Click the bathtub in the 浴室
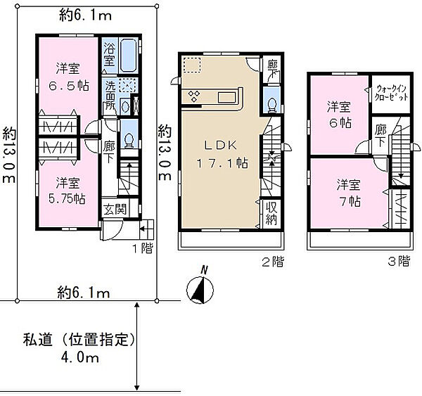pyautogui.click(x=128, y=56)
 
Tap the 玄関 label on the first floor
pyautogui.click(x=115, y=209)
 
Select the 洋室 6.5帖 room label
pyautogui.click(x=68, y=77)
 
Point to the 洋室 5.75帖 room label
pyautogui.click(x=68, y=191)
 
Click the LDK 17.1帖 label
pyautogui.click(x=222, y=154)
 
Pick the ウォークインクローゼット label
pyautogui.click(x=391, y=93)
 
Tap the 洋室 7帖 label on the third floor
pyautogui.click(x=349, y=193)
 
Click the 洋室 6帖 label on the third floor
pyautogui.click(x=340, y=115)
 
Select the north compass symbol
pyautogui.click(x=200, y=288)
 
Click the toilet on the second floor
pyautogui.click(x=271, y=104)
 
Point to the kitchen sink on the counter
pyautogui.click(x=227, y=97)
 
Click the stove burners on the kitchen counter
pyautogui.click(x=194, y=96)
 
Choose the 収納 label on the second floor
pyautogui.click(x=271, y=214)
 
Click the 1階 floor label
pyautogui.click(x=142, y=248)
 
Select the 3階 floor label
pyautogui.click(x=399, y=261)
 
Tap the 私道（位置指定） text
pyautogui.click(x=79, y=340)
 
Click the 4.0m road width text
pyautogui.click(x=80, y=358)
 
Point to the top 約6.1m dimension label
pyautogui.click(x=85, y=15)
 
